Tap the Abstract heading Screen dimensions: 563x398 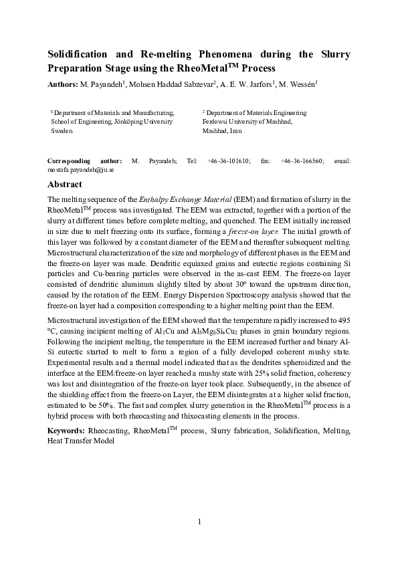65,185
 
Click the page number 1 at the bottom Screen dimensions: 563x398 199,522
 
